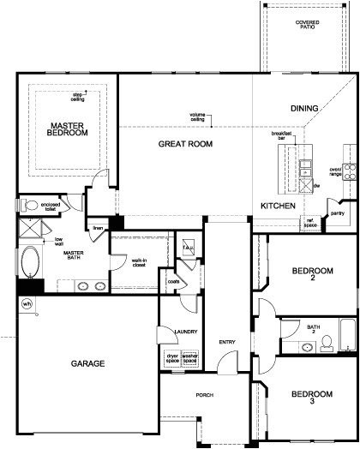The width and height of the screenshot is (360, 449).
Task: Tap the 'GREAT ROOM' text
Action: pyautogui.click(x=185, y=145)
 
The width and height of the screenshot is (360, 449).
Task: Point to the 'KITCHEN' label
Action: pyautogui.click(x=279, y=207)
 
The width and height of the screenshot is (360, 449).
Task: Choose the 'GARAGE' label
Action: pyautogui.click(x=87, y=363)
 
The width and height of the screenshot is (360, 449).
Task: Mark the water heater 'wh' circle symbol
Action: pyautogui.click(x=27, y=303)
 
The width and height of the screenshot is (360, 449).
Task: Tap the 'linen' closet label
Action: pyautogui.click(x=98, y=228)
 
